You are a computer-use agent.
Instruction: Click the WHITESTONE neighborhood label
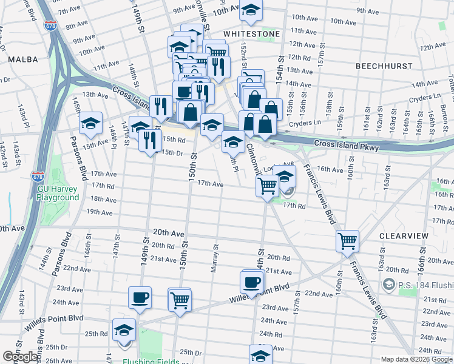(x=251, y=34)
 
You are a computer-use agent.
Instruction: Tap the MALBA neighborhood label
(x=23, y=59)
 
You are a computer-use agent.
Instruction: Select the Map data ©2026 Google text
(x=416, y=359)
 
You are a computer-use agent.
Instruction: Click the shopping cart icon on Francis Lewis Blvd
(x=347, y=241)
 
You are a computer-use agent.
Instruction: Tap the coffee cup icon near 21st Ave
(x=252, y=281)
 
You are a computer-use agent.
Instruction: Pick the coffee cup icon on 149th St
(x=140, y=297)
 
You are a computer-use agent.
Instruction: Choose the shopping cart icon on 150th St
(x=180, y=299)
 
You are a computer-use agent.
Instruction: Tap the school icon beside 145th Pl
(x=90, y=124)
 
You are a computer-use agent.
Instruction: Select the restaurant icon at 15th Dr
(x=149, y=140)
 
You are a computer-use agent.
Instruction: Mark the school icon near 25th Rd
(x=124, y=331)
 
